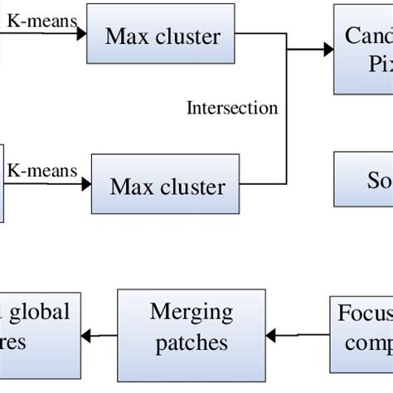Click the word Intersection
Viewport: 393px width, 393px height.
pyautogui.click(x=232, y=109)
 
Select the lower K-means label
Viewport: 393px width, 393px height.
pyautogui.click(x=41, y=171)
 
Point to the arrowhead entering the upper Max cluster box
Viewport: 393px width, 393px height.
pyautogui.click(x=81, y=34)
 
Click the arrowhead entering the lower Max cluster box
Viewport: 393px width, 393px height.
pyautogui.click(x=85, y=183)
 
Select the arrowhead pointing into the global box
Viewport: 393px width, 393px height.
pyautogui.click(x=96, y=336)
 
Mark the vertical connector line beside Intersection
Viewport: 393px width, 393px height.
pyautogui.click(x=286, y=116)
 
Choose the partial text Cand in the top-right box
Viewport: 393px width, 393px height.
pyautogui.click(x=368, y=36)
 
